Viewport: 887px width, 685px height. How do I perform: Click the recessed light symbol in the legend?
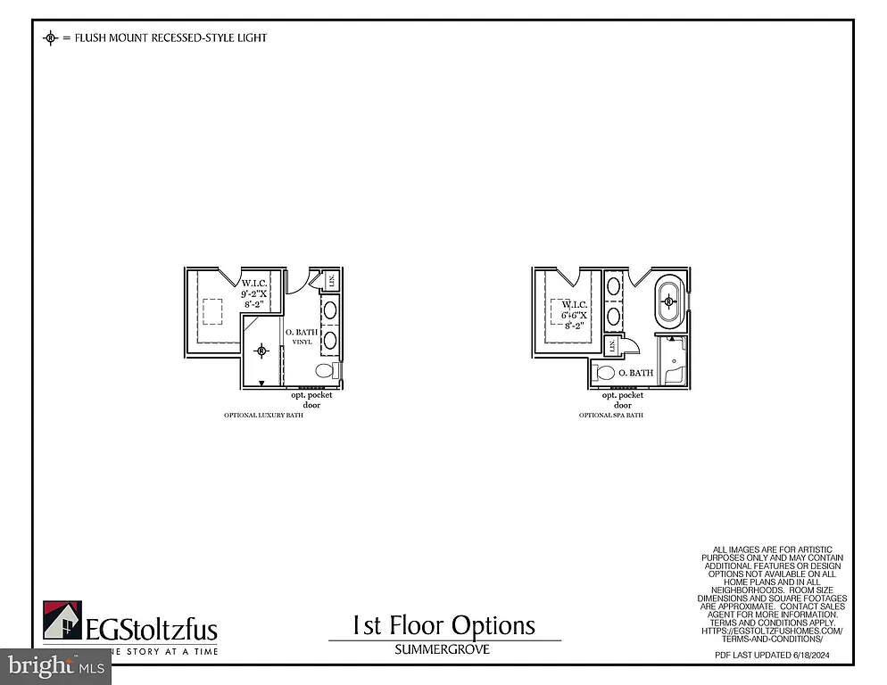pyautogui.click(x=51, y=37)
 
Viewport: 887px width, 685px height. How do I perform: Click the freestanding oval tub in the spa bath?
pyautogui.click(x=668, y=302)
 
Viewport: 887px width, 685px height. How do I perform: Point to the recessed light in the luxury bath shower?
pyautogui.click(x=261, y=351)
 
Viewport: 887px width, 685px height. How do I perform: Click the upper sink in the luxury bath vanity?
pyautogui.click(x=329, y=311)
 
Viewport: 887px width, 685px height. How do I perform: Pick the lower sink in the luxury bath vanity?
pyautogui.click(x=329, y=339)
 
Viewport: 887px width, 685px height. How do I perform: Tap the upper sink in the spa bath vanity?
pyautogui.click(x=614, y=287)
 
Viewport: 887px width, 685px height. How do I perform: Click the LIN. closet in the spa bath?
pyautogui.click(x=612, y=346)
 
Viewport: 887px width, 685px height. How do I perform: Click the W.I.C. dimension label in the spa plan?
pyautogui.click(x=573, y=315)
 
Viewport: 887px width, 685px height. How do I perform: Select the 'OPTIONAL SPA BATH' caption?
pyautogui.click(x=611, y=416)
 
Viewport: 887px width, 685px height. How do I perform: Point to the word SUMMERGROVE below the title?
pyautogui.click(x=443, y=649)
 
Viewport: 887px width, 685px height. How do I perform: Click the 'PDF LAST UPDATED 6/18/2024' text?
pyautogui.click(x=773, y=656)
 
